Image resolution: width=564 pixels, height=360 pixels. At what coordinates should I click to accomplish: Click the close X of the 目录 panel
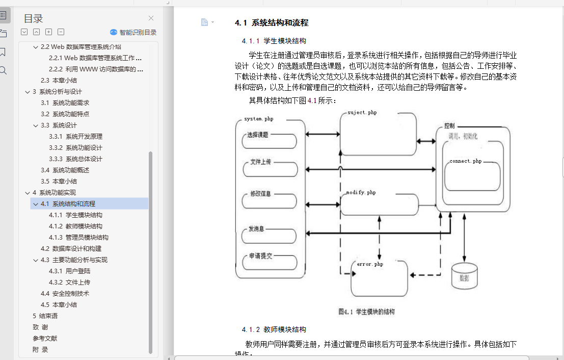pos(151,18)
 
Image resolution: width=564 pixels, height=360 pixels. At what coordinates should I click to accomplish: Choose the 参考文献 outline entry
pos(45,338)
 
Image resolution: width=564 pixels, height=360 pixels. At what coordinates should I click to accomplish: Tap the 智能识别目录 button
pos(133,32)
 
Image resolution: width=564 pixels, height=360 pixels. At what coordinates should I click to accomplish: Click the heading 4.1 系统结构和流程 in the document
pos(272,23)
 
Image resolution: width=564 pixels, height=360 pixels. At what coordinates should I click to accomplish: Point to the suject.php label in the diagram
pos(362,112)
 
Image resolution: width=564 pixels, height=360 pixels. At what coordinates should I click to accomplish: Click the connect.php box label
pos(465,161)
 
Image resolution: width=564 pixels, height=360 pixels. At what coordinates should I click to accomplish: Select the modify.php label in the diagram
pos(361,193)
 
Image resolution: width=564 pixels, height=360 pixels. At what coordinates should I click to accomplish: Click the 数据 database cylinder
pos(464,276)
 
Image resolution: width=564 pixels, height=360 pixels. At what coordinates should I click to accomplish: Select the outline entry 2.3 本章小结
pos(59,80)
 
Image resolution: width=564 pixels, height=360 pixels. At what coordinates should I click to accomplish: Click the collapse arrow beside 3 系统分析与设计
pos(28,92)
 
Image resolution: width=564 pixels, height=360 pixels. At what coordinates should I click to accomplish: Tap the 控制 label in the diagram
pos(449,126)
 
